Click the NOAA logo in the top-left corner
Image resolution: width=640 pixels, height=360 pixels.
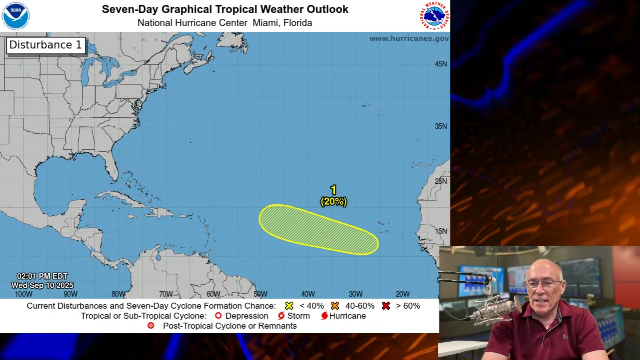(x=15, y=16)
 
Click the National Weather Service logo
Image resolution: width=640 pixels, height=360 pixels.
(x=434, y=16)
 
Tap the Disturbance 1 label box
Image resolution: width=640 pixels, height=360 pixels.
(x=46, y=45)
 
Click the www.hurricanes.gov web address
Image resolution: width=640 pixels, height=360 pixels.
(x=409, y=39)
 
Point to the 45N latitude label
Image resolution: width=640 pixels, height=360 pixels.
(x=440, y=64)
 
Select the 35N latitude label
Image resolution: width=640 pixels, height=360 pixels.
(x=440, y=126)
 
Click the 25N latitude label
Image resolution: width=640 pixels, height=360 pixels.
(x=440, y=181)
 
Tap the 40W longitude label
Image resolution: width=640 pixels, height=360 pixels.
(x=308, y=294)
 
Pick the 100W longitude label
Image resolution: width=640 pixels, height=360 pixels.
(x=24, y=294)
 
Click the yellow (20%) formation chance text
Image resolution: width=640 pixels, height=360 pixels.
(x=334, y=202)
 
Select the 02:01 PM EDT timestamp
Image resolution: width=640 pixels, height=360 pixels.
(x=42, y=276)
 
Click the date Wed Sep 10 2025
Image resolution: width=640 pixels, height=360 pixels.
(x=42, y=285)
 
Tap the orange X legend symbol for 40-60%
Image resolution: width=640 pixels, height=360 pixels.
(x=335, y=306)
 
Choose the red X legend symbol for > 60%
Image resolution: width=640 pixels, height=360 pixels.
(x=386, y=306)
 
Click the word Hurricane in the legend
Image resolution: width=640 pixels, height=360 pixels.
(x=347, y=316)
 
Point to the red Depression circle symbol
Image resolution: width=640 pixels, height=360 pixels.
(x=218, y=316)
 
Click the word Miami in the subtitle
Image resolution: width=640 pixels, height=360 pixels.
(x=266, y=23)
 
